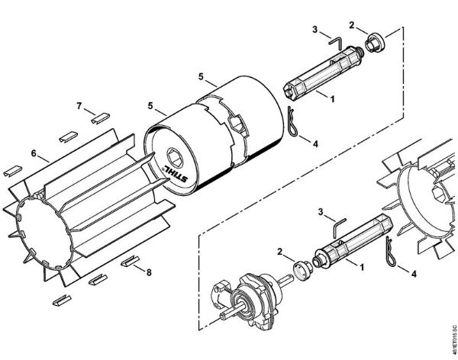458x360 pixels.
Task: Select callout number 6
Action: click(34, 153)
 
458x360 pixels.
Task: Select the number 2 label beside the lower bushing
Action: click(281, 251)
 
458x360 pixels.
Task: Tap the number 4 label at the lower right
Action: click(413, 272)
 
